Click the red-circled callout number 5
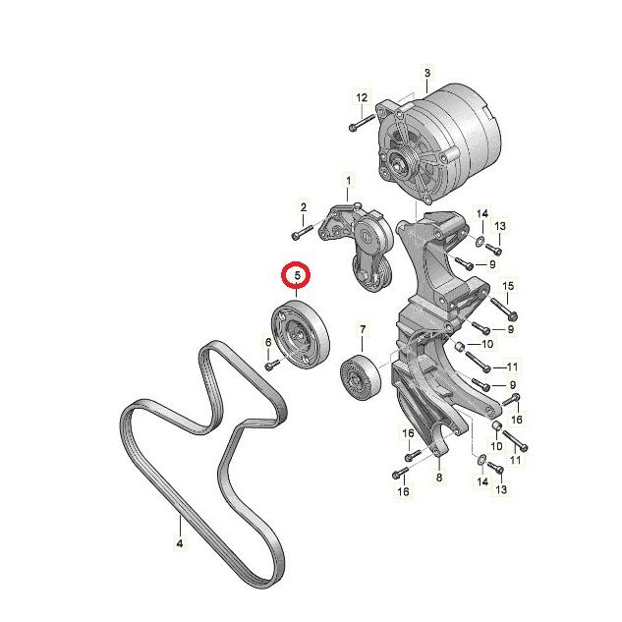(297, 274)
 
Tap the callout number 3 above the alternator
(427, 73)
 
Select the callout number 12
(362, 97)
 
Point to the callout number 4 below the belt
(180, 542)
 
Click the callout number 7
(363, 329)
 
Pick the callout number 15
(508, 286)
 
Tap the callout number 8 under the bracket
(439, 477)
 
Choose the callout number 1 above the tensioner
(348, 181)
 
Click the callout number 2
(304, 207)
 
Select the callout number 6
(268, 342)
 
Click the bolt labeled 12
(362, 122)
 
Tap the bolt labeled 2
(303, 232)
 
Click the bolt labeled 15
(504, 309)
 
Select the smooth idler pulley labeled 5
(300, 334)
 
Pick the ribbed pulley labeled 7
(361, 378)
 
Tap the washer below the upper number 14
(480, 240)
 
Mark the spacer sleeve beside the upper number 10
(460, 347)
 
